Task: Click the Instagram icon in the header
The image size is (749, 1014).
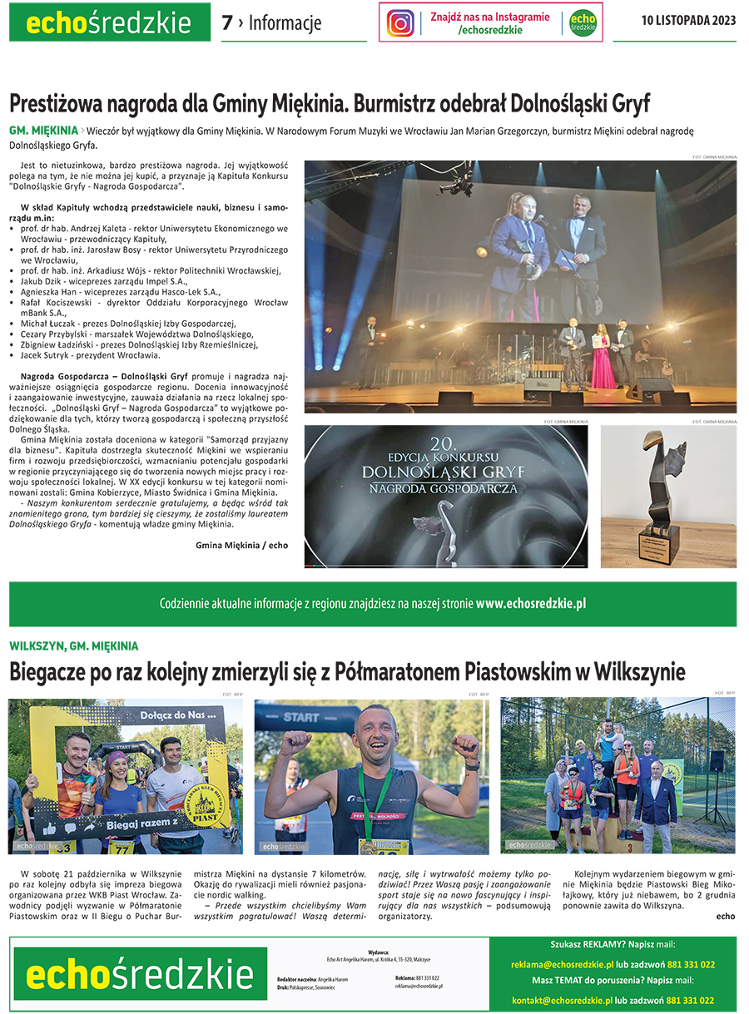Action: [400, 22]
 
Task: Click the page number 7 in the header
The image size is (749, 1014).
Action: [227, 23]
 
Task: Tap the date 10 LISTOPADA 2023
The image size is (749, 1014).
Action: [688, 22]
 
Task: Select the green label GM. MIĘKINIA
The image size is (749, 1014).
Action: [42, 131]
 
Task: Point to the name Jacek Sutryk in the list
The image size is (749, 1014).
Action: [47, 355]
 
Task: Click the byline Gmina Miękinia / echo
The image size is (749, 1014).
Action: [241, 545]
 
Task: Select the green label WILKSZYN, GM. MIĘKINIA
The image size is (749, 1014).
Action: [74, 645]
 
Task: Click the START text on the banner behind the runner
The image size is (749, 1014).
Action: [300, 717]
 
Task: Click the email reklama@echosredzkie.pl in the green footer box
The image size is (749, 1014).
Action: [563, 965]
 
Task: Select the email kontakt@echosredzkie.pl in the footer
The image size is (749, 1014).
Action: [562, 1000]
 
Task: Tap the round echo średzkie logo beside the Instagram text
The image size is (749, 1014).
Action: [583, 22]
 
